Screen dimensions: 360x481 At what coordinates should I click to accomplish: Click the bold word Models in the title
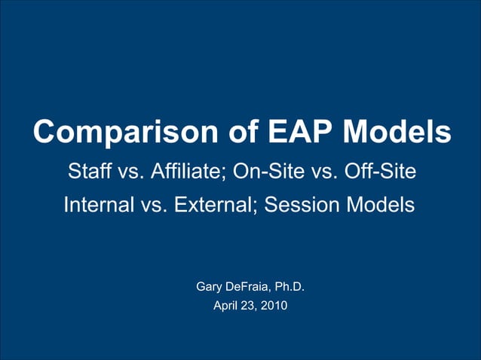tap(397, 133)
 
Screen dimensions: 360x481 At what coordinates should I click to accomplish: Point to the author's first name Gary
tap(209, 287)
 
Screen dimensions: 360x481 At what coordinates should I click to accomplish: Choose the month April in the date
tap(227, 306)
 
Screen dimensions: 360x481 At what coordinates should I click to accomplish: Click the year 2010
tap(274, 306)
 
